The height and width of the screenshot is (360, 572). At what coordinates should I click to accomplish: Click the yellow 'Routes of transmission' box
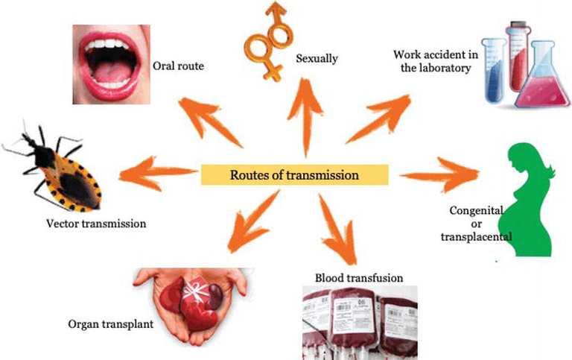295,175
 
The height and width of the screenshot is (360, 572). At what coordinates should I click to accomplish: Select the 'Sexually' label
317,58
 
